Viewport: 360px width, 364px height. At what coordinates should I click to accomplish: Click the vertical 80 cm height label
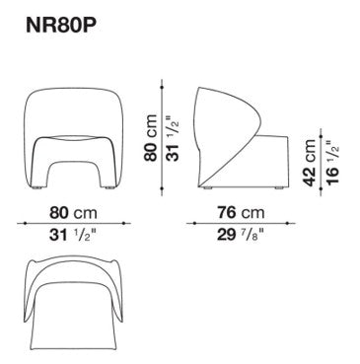click(x=151, y=138)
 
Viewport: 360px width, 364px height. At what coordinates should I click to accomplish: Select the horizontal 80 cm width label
click(x=73, y=213)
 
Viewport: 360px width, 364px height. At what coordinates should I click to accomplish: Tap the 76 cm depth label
click(x=241, y=213)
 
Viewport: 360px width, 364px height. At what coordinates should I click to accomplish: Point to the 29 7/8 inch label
click(x=241, y=235)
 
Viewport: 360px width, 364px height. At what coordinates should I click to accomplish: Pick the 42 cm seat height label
click(x=310, y=163)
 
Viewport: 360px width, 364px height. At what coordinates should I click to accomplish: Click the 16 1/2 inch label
click(x=332, y=162)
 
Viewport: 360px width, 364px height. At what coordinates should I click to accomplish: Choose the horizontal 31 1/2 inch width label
click(x=73, y=235)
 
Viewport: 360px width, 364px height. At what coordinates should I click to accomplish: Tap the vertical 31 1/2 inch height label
click(x=173, y=138)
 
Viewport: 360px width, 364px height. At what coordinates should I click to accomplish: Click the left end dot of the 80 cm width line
click(x=25, y=223)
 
